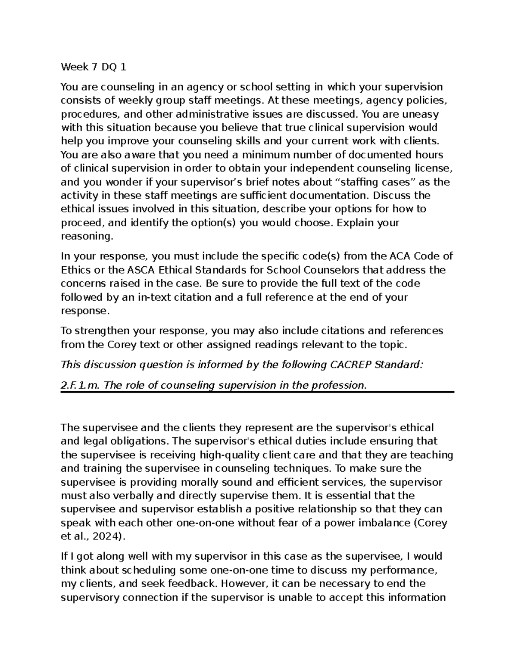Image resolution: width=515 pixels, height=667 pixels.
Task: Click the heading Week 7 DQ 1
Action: (94, 67)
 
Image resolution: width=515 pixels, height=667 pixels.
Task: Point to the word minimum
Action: (261, 155)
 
